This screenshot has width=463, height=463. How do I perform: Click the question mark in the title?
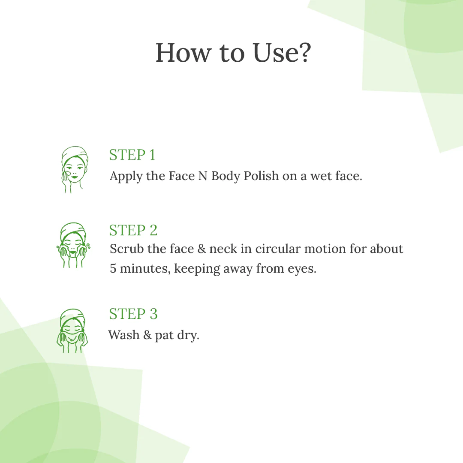click(x=302, y=53)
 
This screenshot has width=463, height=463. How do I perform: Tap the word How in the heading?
click(x=183, y=53)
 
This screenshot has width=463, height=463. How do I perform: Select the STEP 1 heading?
click(x=132, y=155)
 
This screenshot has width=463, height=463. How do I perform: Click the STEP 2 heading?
click(x=133, y=230)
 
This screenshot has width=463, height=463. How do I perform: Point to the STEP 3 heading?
click(x=133, y=314)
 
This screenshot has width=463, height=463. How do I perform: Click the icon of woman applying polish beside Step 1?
click(x=73, y=169)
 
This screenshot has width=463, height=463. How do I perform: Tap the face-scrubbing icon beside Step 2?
click(x=73, y=245)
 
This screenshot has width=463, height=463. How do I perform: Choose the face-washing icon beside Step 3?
click(x=72, y=331)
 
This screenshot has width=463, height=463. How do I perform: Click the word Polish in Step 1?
click(x=261, y=176)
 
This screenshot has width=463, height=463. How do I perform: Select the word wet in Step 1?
click(x=320, y=176)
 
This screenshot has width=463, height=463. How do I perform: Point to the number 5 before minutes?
click(x=113, y=269)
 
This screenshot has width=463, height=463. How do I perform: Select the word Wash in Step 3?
click(x=124, y=334)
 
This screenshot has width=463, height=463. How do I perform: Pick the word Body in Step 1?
click(x=225, y=176)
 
